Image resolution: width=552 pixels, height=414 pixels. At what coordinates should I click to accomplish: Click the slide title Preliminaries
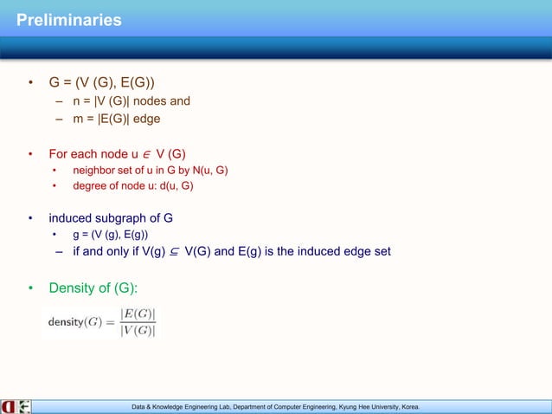69,19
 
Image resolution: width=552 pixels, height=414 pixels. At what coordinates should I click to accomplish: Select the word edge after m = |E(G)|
143,119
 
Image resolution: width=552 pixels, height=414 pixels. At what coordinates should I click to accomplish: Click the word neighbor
93,171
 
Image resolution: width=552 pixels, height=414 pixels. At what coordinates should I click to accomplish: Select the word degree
90,184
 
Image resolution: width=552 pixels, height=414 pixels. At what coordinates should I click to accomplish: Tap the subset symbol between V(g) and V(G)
175,252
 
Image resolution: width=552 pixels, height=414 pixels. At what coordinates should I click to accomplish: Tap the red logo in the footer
9,405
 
